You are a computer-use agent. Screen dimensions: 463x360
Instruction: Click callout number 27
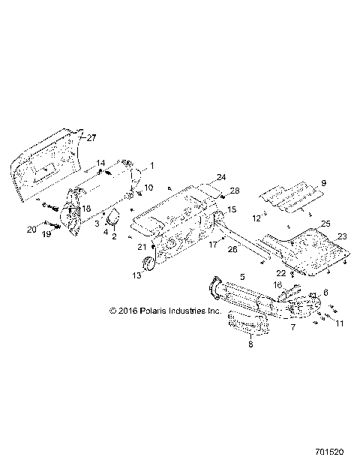tap(92, 138)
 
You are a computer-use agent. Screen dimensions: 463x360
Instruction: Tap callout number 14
tap(100, 163)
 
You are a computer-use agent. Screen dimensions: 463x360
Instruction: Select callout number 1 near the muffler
tap(152, 164)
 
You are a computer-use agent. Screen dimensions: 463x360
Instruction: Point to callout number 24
tap(200, 177)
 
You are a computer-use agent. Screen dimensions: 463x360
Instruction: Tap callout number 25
tap(325, 224)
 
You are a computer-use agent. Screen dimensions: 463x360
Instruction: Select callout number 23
tap(342, 236)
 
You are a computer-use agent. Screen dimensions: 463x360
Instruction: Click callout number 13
tap(136, 276)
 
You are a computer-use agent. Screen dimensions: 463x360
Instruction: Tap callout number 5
tap(242, 276)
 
